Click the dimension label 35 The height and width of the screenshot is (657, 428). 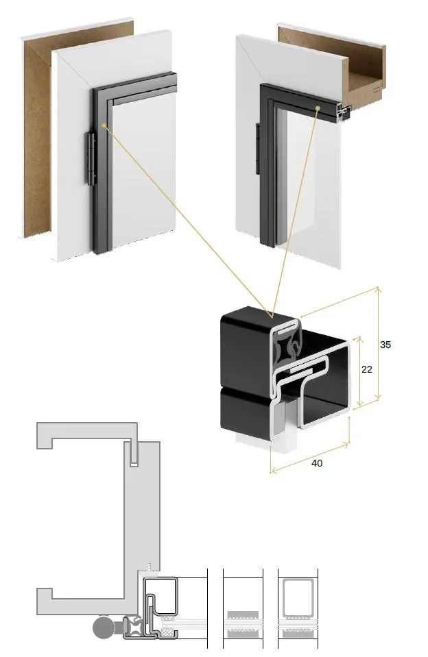385,345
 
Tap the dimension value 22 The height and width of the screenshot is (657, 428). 367,369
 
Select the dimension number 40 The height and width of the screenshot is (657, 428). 317,463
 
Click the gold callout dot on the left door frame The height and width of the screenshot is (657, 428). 104,125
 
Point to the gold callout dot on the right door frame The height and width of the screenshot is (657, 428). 318,108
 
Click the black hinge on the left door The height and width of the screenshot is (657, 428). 91,159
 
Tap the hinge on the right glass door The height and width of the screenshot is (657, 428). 258,149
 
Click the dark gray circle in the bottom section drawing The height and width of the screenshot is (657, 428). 102,627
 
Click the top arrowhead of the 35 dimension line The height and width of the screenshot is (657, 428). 378,289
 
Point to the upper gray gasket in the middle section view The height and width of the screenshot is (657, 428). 243,615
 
